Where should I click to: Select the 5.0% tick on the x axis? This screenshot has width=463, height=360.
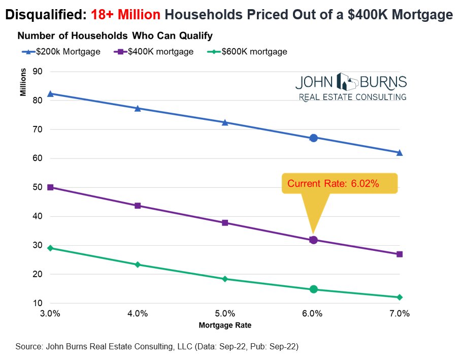(x=225, y=314)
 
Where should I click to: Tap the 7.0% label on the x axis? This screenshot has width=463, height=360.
(x=400, y=314)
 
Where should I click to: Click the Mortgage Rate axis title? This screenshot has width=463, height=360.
(x=225, y=324)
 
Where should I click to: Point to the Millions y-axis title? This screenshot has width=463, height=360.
(x=23, y=83)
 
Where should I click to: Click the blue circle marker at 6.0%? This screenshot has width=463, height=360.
(x=313, y=138)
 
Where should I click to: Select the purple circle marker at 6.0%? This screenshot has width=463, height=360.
(x=313, y=240)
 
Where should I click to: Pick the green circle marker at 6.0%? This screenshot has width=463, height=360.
(x=313, y=289)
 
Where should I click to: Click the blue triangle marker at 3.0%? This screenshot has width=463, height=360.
(x=50, y=93)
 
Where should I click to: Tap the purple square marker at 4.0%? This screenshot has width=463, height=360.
(x=138, y=206)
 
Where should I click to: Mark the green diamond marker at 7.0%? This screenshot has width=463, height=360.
(x=400, y=297)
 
